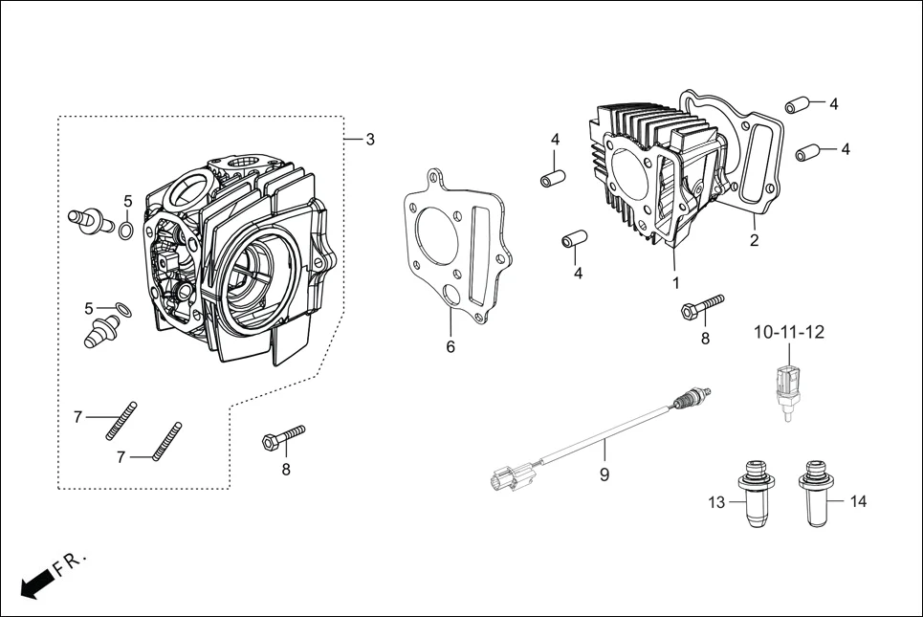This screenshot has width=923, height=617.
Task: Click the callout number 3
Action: (369, 140)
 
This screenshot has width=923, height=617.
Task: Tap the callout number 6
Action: (451, 346)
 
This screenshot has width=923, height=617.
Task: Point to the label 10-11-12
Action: (788, 333)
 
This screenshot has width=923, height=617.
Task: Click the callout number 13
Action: (717, 501)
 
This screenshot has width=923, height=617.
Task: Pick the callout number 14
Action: (858, 501)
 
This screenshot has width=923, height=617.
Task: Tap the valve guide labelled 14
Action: (814, 494)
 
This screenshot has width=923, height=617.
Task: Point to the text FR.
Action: (70, 564)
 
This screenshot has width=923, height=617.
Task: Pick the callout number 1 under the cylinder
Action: (675, 283)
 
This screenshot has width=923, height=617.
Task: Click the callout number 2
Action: (754, 241)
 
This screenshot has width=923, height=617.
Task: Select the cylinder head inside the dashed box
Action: (239, 258)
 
